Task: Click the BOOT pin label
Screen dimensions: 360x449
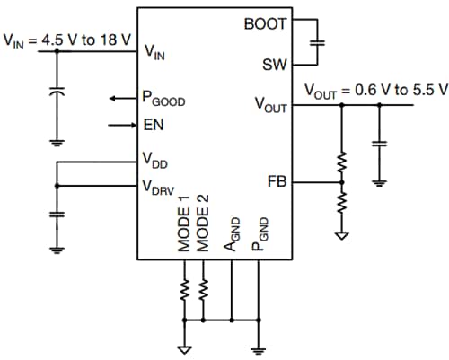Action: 265,24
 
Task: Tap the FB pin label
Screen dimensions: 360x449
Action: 277,180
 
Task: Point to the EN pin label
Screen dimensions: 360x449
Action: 154,124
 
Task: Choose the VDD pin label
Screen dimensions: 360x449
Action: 155,161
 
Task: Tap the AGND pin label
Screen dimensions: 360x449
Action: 233,235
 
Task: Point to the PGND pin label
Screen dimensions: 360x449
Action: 259,235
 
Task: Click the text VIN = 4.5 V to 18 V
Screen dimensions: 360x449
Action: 67,40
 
